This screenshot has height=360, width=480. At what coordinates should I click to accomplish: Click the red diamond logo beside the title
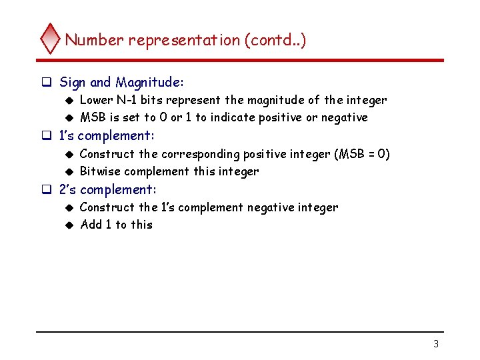tap(51, 39)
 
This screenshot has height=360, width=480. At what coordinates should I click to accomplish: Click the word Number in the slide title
tap(94, 40)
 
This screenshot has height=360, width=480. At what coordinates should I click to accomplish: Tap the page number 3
tap(436, 344)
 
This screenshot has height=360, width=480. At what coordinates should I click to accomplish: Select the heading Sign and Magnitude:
tap(121, 83)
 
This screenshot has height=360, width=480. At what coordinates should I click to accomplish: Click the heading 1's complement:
tap(107, 136)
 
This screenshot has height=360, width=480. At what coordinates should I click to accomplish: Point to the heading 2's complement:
tap(108, 189)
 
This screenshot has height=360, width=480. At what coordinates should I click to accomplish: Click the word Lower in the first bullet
tap(95, 100)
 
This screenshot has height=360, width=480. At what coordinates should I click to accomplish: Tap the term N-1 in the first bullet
tap(129, 100)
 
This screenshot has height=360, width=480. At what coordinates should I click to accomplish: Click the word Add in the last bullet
tap(91, 225)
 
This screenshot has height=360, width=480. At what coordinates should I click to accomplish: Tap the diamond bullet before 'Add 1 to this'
tap(69, 225)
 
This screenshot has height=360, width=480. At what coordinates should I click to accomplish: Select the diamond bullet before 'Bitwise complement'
tap(69, 172)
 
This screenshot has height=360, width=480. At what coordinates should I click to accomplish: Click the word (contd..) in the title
tap(275, 40)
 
